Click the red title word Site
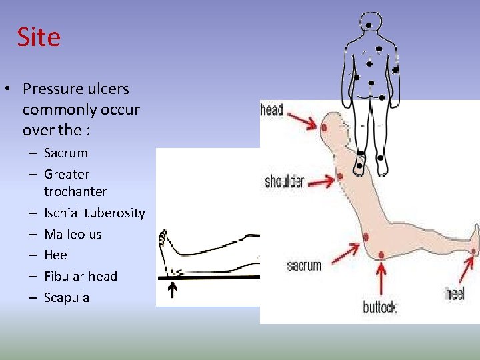[x=39, y=37]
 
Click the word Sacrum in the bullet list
[x=65, y=153]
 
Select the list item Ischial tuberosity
[x=94, y=213]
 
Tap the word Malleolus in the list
[x=73, y=234]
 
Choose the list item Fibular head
[x=80, y=276]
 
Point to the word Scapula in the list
[x=66, y=297]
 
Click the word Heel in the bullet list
[x=57, y=255]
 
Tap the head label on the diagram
[x=272, y=109]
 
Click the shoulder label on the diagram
[x=285, y=181]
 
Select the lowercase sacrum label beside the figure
[x=304, y=265]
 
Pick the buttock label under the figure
[x=379, y=307]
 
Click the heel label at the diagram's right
[x=455, y=293]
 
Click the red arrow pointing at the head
[x=303, y=120]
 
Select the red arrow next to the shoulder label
[x=321, y=179]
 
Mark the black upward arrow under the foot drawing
[x=172, y=291]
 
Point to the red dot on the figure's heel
[x=473, y=251]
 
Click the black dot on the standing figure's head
[x=369, y=25]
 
